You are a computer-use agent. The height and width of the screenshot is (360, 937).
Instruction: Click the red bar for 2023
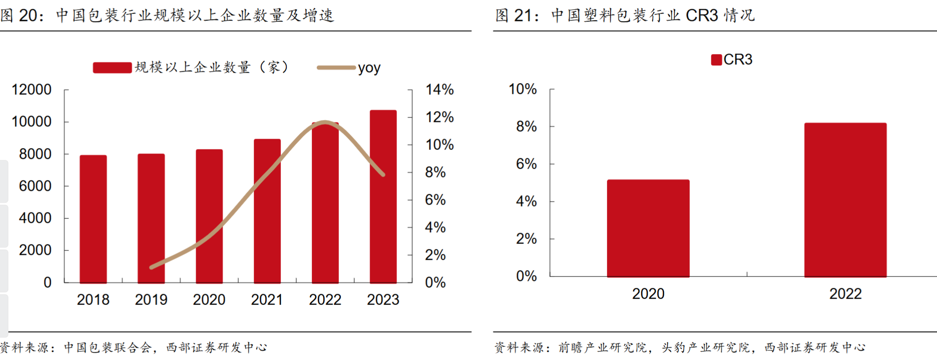(383, 197)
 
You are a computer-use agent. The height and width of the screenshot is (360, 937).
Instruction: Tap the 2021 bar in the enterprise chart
(267, 211)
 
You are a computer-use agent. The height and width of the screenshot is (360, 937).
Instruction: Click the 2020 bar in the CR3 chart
(648, 228)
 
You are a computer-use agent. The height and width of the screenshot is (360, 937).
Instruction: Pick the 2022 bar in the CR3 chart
(845, 200)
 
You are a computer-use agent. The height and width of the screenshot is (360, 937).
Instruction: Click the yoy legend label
(369, 68)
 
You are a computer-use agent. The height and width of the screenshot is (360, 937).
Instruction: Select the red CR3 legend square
(716, 60)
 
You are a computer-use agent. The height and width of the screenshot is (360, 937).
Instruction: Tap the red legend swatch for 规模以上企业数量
(112, 67)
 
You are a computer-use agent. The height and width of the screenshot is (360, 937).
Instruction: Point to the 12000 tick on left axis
(31, 90)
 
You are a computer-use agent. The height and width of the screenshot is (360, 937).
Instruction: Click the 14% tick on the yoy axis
(439, 90)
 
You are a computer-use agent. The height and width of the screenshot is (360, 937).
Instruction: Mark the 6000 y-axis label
(35, 186)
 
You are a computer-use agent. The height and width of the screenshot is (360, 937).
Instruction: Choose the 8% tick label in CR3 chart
(526, 126)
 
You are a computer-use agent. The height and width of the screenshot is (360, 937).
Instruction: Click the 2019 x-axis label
(151, 300)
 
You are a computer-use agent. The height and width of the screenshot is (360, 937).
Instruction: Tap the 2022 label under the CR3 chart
(845, 294)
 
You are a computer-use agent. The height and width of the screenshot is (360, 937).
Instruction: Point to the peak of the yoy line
(324, 122)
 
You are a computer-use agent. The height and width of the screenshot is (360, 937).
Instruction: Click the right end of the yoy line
(383, 175)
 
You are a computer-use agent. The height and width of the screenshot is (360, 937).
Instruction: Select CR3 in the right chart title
(702, 15)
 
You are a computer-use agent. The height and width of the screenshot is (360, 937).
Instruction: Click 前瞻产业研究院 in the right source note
(602, 348)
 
